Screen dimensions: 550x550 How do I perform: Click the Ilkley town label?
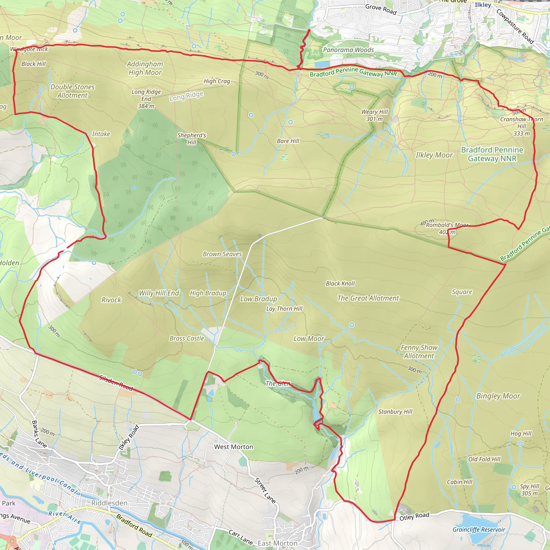(483, 5)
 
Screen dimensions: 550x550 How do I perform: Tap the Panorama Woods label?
(348, 50)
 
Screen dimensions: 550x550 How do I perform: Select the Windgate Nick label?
(29, 49)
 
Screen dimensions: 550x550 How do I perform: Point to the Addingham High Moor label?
(145, 68)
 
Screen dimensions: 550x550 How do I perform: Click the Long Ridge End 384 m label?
(146, 99)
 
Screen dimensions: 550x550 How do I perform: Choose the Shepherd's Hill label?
(191, 138)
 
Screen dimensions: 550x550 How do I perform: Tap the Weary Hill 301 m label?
(374, 115)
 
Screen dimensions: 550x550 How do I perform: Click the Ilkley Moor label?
(434, 155)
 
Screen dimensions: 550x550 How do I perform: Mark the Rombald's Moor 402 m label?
(447, 228)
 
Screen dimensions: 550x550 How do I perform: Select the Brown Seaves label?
(222, 254)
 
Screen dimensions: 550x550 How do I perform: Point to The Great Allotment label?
(368, 298)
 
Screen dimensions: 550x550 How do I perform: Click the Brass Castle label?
(187, 338)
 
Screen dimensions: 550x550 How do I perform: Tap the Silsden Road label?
(116, 383)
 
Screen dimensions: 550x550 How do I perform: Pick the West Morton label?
(233, 447)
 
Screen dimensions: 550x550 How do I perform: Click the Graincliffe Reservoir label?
(479, 530)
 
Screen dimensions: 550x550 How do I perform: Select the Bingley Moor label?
(498, 396)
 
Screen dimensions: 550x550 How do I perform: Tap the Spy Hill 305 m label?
(530, 490)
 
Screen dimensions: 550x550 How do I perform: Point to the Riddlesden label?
(109, 503)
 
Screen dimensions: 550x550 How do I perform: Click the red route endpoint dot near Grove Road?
(309, 30)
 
